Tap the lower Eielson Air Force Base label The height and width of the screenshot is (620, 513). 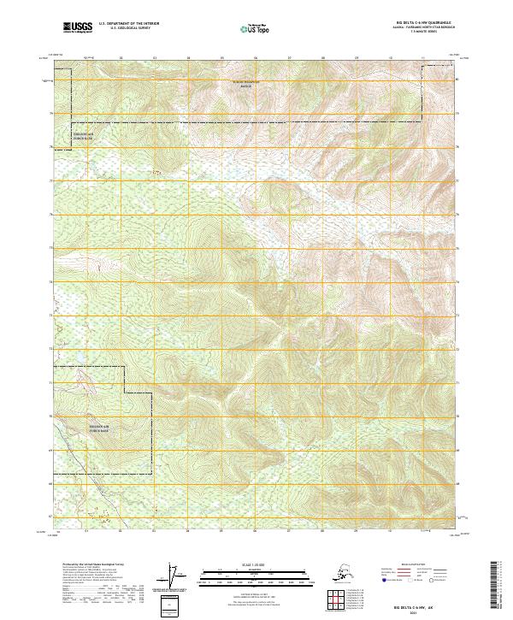coord(99,429)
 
